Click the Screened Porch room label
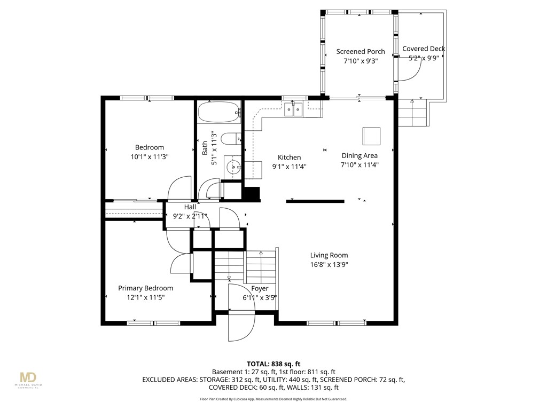361,52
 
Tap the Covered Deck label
424,49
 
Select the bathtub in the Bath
220,112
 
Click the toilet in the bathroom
231,139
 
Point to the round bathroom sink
232,167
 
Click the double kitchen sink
293,110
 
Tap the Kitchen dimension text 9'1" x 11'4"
289,167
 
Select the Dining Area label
360,155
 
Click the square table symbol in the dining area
371,136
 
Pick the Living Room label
329,255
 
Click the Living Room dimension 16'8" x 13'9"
329,265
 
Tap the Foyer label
260,288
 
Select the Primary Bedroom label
145,288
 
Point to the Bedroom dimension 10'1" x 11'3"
150,157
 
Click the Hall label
190,207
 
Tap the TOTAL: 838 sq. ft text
273,364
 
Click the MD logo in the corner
28,378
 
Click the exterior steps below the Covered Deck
412,113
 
